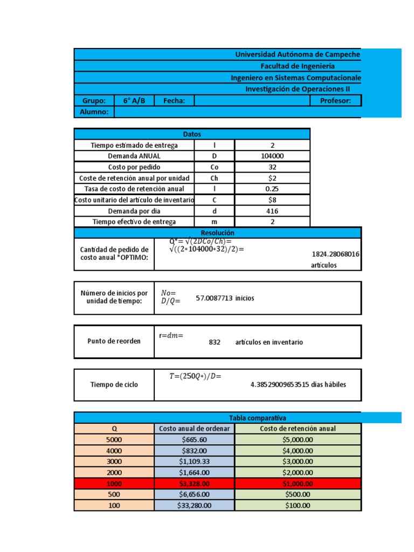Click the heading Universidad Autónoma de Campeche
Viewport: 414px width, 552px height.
point(297,54)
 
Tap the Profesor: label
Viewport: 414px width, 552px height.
point(335,101)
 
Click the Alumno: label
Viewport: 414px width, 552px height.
point(94,112)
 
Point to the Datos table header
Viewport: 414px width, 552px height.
point(192,134)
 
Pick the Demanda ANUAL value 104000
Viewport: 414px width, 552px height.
point(272,156)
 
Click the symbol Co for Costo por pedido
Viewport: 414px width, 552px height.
point(215,167)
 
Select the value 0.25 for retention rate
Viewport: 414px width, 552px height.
point(272,189)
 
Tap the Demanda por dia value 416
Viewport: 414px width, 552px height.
point(272,211)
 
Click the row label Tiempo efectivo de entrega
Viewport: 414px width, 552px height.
point(134,222)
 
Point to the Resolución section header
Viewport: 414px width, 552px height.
point(217,232)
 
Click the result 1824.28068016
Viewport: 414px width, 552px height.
point(336,254)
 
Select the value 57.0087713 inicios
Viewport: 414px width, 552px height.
point(225,298)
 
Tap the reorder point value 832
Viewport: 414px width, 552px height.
point(215,342)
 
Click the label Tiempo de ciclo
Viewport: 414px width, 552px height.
point(114,385)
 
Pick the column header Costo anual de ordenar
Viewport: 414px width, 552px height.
point(195,429)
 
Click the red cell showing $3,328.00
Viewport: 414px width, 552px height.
point(195,484)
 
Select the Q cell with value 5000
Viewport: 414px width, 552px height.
point(114,440)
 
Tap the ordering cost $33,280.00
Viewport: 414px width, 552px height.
point(195,506)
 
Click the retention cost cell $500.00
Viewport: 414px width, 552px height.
point(298,494)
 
